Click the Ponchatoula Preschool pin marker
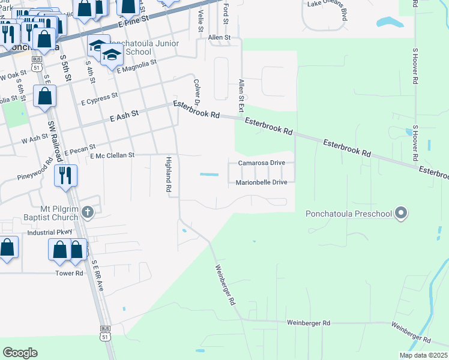402,213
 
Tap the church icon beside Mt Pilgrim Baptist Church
88,211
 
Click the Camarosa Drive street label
261,163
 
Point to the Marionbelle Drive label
261,182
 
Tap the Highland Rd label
169,173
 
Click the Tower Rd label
70,272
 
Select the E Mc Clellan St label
113,155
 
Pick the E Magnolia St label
137,65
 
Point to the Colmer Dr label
196,91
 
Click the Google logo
20,352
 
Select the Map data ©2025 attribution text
423,355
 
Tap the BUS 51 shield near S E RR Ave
106,332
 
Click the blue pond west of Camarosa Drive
209,175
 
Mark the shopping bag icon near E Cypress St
45,96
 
